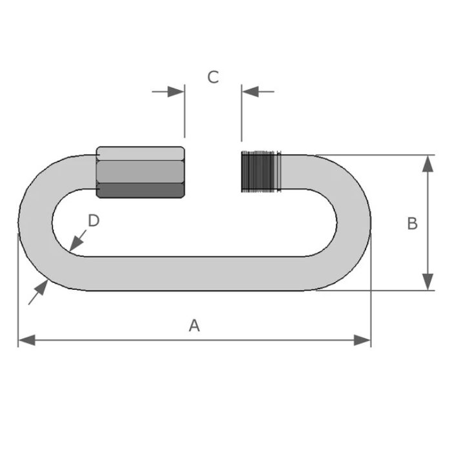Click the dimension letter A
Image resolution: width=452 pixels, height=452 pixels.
coord(194,325)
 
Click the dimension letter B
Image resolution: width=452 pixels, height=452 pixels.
coord(413,223)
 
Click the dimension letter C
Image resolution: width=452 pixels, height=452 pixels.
coord(213,77)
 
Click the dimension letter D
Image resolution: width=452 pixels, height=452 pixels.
coord(94,221)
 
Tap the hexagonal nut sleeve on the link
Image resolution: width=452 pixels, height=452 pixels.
coord(140,172)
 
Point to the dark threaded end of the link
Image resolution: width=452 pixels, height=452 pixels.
coord(261,171)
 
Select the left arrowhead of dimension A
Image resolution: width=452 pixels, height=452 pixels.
coord(27,340)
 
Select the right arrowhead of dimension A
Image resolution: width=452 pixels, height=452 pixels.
coord(362,340)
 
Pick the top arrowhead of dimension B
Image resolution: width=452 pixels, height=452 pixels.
coord(427,164)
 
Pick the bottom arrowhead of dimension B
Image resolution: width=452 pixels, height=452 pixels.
coord(427,282)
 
